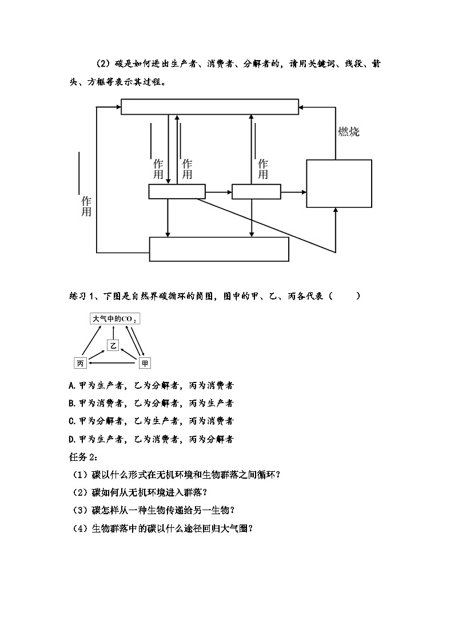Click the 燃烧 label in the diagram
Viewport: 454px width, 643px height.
click(349, 132)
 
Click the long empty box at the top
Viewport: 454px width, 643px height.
click(209, 106)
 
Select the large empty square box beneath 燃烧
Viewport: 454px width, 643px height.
click(339, 183)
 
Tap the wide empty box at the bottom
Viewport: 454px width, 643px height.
click(219, 249)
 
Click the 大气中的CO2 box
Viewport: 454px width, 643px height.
click(114, 319)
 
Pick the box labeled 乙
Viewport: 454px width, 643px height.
click(113, 345)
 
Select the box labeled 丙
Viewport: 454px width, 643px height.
click(81, 363)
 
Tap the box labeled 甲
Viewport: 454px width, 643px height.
click(145, 363)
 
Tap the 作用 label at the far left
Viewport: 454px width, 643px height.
click(86, 206)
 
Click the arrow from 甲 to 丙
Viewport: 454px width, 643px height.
click(113, 363)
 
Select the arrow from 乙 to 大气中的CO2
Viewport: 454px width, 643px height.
click(113, 332)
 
